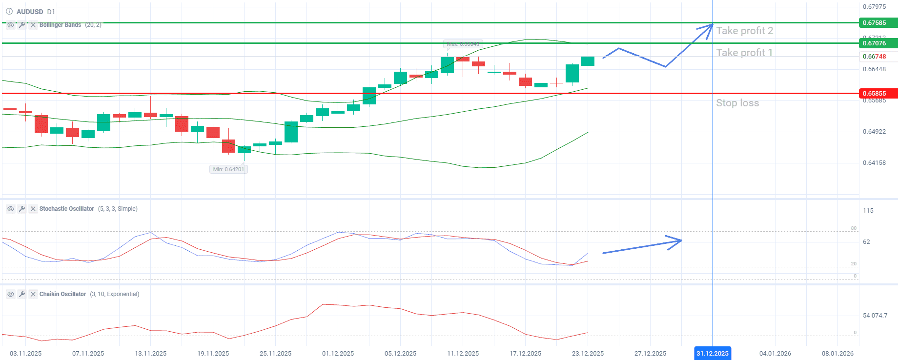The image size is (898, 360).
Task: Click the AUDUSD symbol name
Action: tap(30, 12)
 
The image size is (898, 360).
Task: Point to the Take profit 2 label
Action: tap(744, 31)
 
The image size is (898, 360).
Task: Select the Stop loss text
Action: tap(737, 103)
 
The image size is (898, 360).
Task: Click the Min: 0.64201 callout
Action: tap(228, 169)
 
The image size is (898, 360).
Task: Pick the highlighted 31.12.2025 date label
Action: tap(712, 353)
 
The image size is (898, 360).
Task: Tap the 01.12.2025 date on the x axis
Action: tap(338, 353)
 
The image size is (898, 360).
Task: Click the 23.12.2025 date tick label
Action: tap(588, 353)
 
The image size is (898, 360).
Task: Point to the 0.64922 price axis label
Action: tap(874, 132)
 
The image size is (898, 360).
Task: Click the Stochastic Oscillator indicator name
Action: tap(67, 209)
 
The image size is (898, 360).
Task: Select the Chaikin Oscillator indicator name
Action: tap(62, 294)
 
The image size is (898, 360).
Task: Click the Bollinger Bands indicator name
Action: tap(60, 25)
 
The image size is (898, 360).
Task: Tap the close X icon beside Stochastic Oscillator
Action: tap(33, 209)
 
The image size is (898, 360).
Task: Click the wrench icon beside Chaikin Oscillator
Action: tap(22, 294)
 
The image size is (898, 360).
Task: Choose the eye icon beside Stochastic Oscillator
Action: tap(10, 209)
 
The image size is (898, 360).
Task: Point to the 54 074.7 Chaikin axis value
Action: tap(875, 316)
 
